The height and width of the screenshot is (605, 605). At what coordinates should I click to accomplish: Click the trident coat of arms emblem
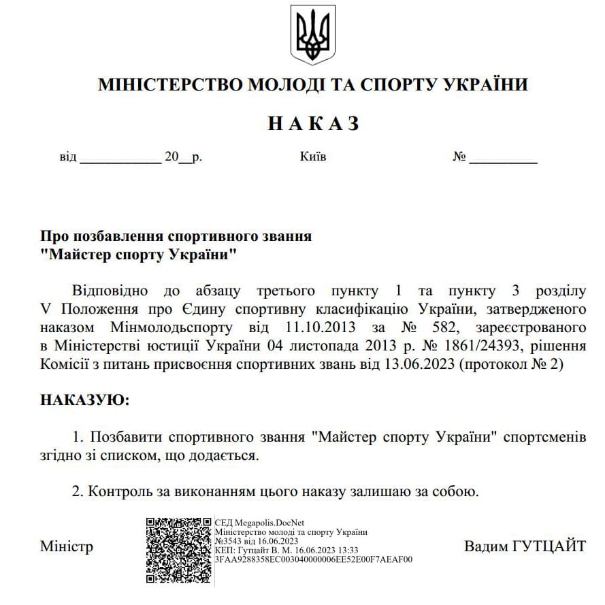(x=312, y=35)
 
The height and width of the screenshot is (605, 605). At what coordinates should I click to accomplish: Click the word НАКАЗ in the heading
(x=313, y=123)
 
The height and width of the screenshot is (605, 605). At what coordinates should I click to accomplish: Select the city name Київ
(x=313, y=157)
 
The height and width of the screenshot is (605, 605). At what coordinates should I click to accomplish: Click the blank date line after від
(x=120, y=158)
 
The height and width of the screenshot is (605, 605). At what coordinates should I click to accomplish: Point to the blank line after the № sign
(x=503, y=158)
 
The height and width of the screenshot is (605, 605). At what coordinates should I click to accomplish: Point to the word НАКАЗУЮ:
(x=84, y=399)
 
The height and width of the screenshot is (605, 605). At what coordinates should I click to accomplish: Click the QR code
(x=178, y=551)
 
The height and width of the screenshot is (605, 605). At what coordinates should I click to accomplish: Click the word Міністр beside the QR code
(x=67, y=546)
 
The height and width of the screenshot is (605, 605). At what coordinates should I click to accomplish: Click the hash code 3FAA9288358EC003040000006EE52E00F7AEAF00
(x=313, y=559)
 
